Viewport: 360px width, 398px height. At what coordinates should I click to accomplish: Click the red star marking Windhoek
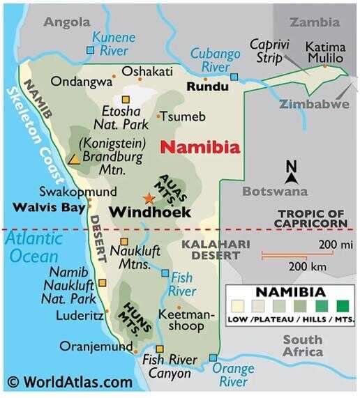click(x=149, y=198)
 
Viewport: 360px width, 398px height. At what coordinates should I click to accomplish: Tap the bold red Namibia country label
click(x=200, y=148)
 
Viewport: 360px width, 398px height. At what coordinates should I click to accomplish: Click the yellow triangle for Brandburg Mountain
click(x=73, y=159)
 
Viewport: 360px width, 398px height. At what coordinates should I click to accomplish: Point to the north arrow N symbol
click(x=292, y=167)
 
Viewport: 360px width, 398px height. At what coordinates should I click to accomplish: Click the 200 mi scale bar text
click(x=336, y=244)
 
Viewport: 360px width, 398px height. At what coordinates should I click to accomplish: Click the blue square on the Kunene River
click(x=90, y=50)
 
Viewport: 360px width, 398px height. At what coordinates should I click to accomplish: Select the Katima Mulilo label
click(x=324, y=52)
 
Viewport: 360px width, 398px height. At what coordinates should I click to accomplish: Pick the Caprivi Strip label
click(x=269, y=51)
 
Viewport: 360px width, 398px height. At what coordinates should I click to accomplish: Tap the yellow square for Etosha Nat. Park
click(x=126, y=100)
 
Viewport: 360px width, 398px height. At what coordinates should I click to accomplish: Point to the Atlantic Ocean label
click(x=36, y=247)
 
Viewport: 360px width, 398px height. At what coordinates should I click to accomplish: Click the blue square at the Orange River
click(x=213, y=358)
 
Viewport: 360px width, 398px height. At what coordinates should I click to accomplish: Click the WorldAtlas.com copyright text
click(x=70, y=382)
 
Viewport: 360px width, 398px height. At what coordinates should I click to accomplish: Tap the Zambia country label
click(x=314, y=22)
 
